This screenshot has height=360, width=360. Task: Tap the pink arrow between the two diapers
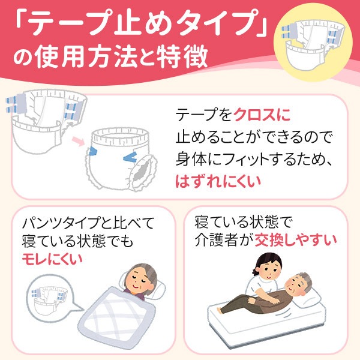pyautogui.click(x=77, y=142)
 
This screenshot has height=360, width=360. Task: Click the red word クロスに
pyautogui.click(x=265, y=115)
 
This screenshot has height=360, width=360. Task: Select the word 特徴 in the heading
pyautogui.click(x=185, y=59)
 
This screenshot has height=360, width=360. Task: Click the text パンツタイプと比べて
pyautogui.click(x=88, y=224)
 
